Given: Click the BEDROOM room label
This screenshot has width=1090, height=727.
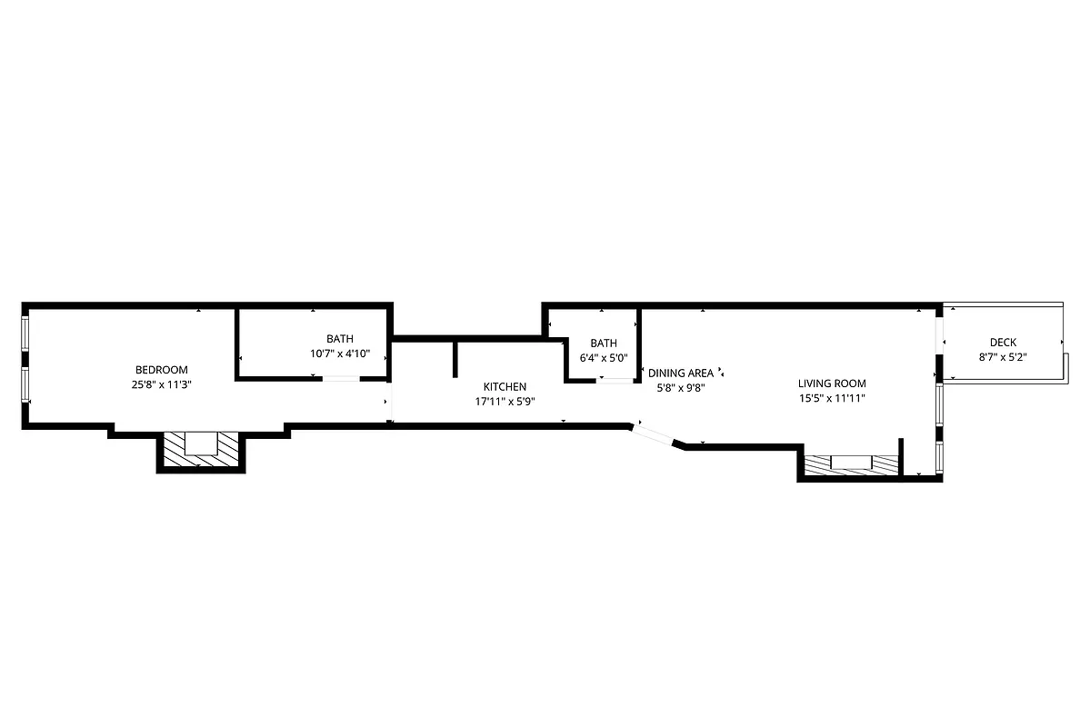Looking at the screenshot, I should pos(161,370).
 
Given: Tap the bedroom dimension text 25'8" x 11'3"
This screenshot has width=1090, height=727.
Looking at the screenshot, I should pos(161,384).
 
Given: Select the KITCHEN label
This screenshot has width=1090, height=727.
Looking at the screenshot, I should pos(505,387).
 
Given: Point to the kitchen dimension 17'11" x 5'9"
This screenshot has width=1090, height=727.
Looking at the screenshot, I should pos(505,402).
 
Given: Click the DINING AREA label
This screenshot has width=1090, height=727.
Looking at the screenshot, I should pos(680,373).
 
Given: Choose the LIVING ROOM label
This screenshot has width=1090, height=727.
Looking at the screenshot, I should pos(832,383).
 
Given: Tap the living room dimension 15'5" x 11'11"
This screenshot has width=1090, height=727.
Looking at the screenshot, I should pos(832,398).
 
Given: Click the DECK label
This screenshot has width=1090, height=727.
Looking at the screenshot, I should pos(1003,343).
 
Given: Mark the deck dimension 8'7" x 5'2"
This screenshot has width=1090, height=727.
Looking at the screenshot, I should pos(1003,357).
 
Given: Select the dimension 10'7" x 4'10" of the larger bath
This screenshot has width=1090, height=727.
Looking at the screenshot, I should pos(340,354).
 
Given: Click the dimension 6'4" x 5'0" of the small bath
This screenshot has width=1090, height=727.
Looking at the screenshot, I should pos(604,358).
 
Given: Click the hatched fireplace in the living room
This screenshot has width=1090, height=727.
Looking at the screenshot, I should pos(851,463).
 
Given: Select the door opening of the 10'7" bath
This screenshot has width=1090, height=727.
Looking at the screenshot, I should pos(340,378).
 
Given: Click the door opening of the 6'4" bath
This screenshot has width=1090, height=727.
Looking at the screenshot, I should pos(614,381).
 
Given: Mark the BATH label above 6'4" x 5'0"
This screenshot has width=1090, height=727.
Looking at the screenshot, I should pos(604,344).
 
